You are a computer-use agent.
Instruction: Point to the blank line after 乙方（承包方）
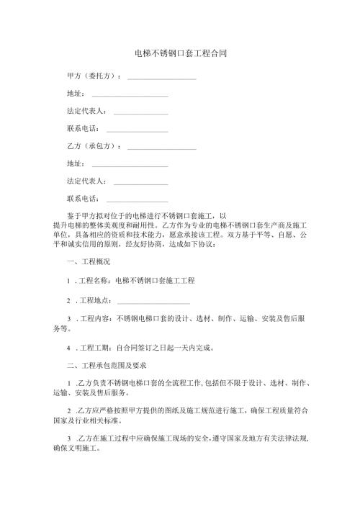pos(161,147)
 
